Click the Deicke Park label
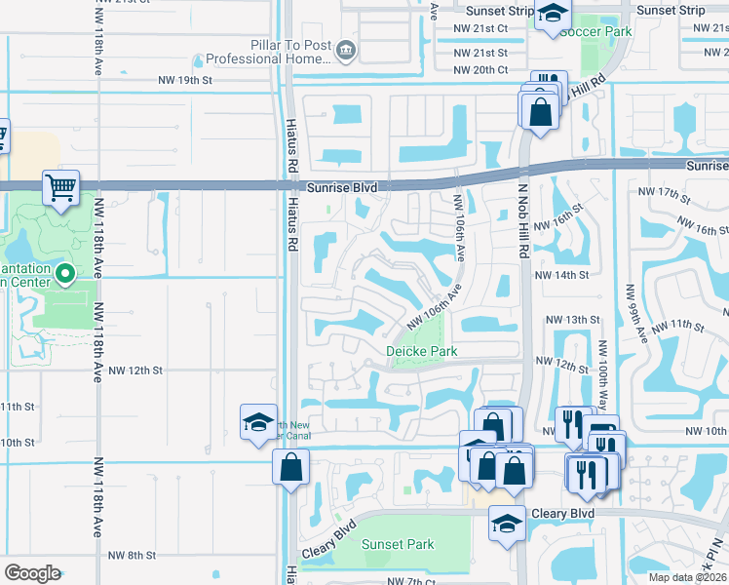421,351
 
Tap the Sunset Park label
398,544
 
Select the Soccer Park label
595,31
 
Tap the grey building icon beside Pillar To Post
344,50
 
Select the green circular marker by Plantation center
65,273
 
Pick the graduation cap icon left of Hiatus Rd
258,422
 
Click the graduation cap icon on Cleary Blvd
507,524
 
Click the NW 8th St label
132,556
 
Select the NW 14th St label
562,275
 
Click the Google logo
32,573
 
